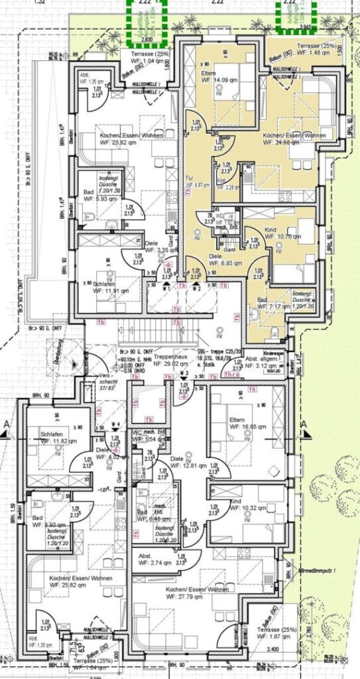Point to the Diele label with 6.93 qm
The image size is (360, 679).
pyautogui.click(x=223, y=259)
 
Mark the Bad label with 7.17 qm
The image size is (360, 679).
pyautogui.click(x=271, y=304)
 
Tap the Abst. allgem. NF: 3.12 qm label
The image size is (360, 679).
pyautogui.click(x=263, y=362)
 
